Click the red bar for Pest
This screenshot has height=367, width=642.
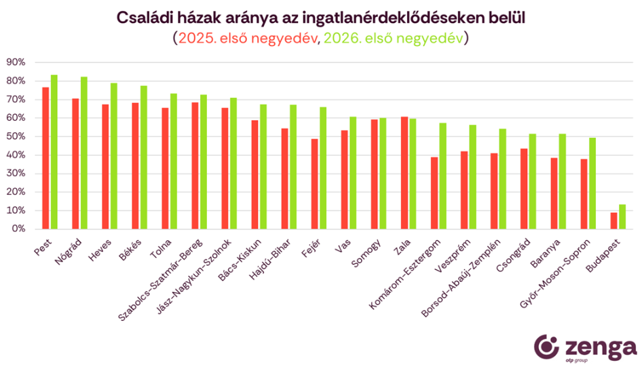45,158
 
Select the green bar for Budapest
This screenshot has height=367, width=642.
622,216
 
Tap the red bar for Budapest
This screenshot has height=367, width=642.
613,220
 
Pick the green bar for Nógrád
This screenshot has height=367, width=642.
84,153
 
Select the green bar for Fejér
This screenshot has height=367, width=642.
323,168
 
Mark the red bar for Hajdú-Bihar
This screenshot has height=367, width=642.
284,178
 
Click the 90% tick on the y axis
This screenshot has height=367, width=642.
15,62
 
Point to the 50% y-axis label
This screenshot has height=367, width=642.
15,136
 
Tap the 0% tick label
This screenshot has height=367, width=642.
18,229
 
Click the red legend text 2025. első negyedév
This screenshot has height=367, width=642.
248,38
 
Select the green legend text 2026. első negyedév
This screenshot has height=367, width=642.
393,38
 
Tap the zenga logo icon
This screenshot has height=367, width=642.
548,347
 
